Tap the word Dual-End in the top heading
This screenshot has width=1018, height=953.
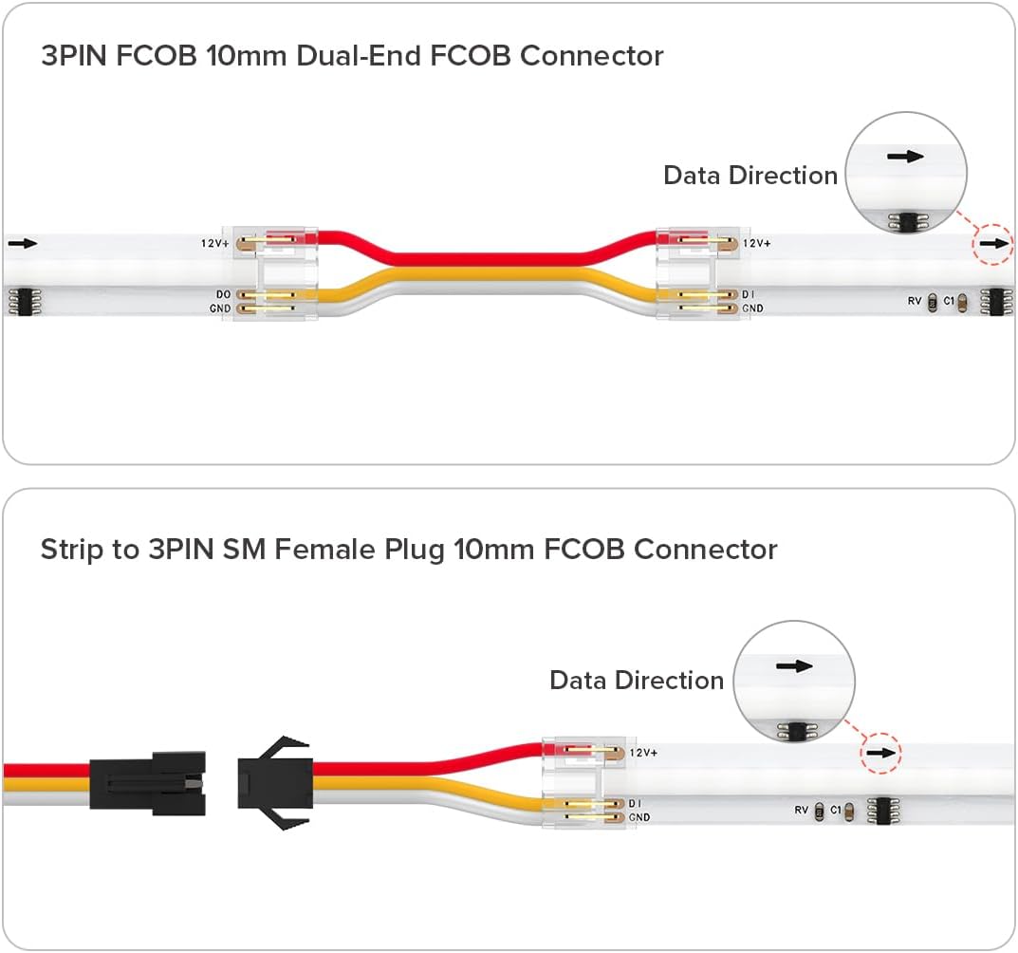(x=357, y=55)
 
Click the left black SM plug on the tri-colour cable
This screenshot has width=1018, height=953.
(x=148, y=780)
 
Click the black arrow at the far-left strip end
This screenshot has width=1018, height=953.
(x=23, y=243)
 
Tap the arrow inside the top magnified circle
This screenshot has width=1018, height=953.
(x=905, y=157)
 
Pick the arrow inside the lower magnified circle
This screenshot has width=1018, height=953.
(x=794, y=665)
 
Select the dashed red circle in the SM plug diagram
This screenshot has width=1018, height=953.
(x=880, y=753)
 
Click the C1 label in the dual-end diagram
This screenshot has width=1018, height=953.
(x=948, y=301)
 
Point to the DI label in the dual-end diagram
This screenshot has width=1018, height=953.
(x=749, y=295)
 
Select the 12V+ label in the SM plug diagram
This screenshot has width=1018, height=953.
(x=643, y=752)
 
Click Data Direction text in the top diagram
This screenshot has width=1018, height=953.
(x=750, y=176)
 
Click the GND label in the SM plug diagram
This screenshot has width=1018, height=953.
(x=639, y=817)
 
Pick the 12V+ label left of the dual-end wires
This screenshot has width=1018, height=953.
(x=213, y=244)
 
